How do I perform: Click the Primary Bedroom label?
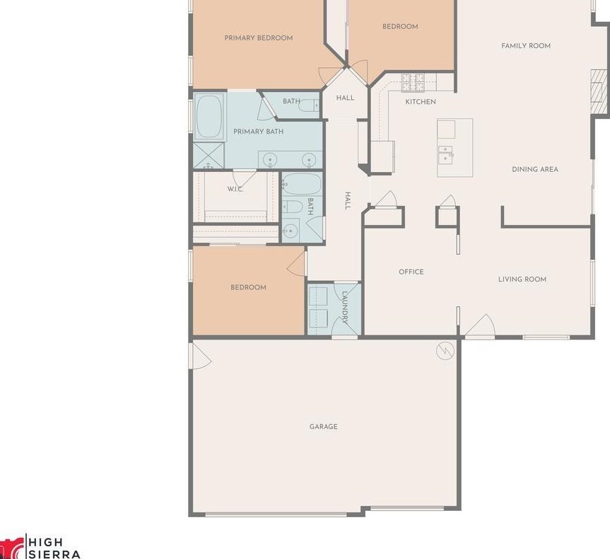tap(258, 38)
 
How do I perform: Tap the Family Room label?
tap(525, 46)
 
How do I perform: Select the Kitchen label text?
tap(420, 102)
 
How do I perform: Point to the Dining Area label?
tap(534, 170)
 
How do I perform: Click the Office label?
tap(411, 272)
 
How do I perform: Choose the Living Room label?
tap(522, 279)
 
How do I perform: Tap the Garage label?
tap(323, 427)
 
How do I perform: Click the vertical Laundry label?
tap(346, 307)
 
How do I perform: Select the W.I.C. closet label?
tap(235, 190)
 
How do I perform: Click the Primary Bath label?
tap(258, 132)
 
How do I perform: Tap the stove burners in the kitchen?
tap(412, 83)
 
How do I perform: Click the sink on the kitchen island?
tap(446, 153)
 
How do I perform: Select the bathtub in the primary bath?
tap(209, 117)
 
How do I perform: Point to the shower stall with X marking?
tap(209, 155)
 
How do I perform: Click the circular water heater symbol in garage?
tap(445, 350)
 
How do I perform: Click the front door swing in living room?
tap(480, 325)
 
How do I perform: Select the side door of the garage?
tap(201, 356)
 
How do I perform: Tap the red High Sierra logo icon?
tap(11, 548)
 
